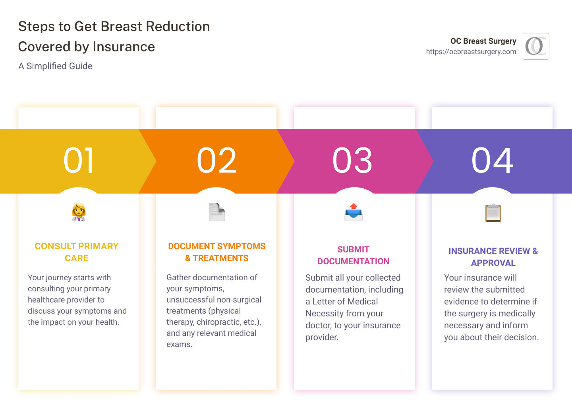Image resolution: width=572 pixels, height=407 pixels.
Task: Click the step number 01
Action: coord(79,161)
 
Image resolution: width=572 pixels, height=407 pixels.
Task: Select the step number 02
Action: coord(217,161)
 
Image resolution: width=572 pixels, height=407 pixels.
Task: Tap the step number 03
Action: coord(353,161)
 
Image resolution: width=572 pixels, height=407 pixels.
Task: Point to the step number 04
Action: coord(493,161)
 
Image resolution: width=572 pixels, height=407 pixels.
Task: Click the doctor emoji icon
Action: coord(79,212)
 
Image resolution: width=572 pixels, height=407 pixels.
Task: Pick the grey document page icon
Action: coord(217,212)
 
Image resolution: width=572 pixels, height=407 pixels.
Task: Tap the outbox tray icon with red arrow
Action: coord(354,212)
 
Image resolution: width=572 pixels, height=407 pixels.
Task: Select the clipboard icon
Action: coord(493,213)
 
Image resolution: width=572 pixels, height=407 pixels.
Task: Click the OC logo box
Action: coord(536,46)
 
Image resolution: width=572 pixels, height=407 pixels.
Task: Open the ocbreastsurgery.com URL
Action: coord(471,52)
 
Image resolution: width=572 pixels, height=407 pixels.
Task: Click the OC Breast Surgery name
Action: coord(483,41)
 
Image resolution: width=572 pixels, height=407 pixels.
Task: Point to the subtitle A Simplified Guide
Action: coord(55,66)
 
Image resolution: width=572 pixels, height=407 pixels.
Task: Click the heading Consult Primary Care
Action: coord(77,252)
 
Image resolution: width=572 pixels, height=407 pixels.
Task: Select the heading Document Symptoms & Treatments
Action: coord(217,252)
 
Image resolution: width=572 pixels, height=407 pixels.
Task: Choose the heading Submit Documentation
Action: coord(353,255)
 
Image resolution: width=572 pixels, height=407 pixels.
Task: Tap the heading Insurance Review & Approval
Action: coord(493,257)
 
